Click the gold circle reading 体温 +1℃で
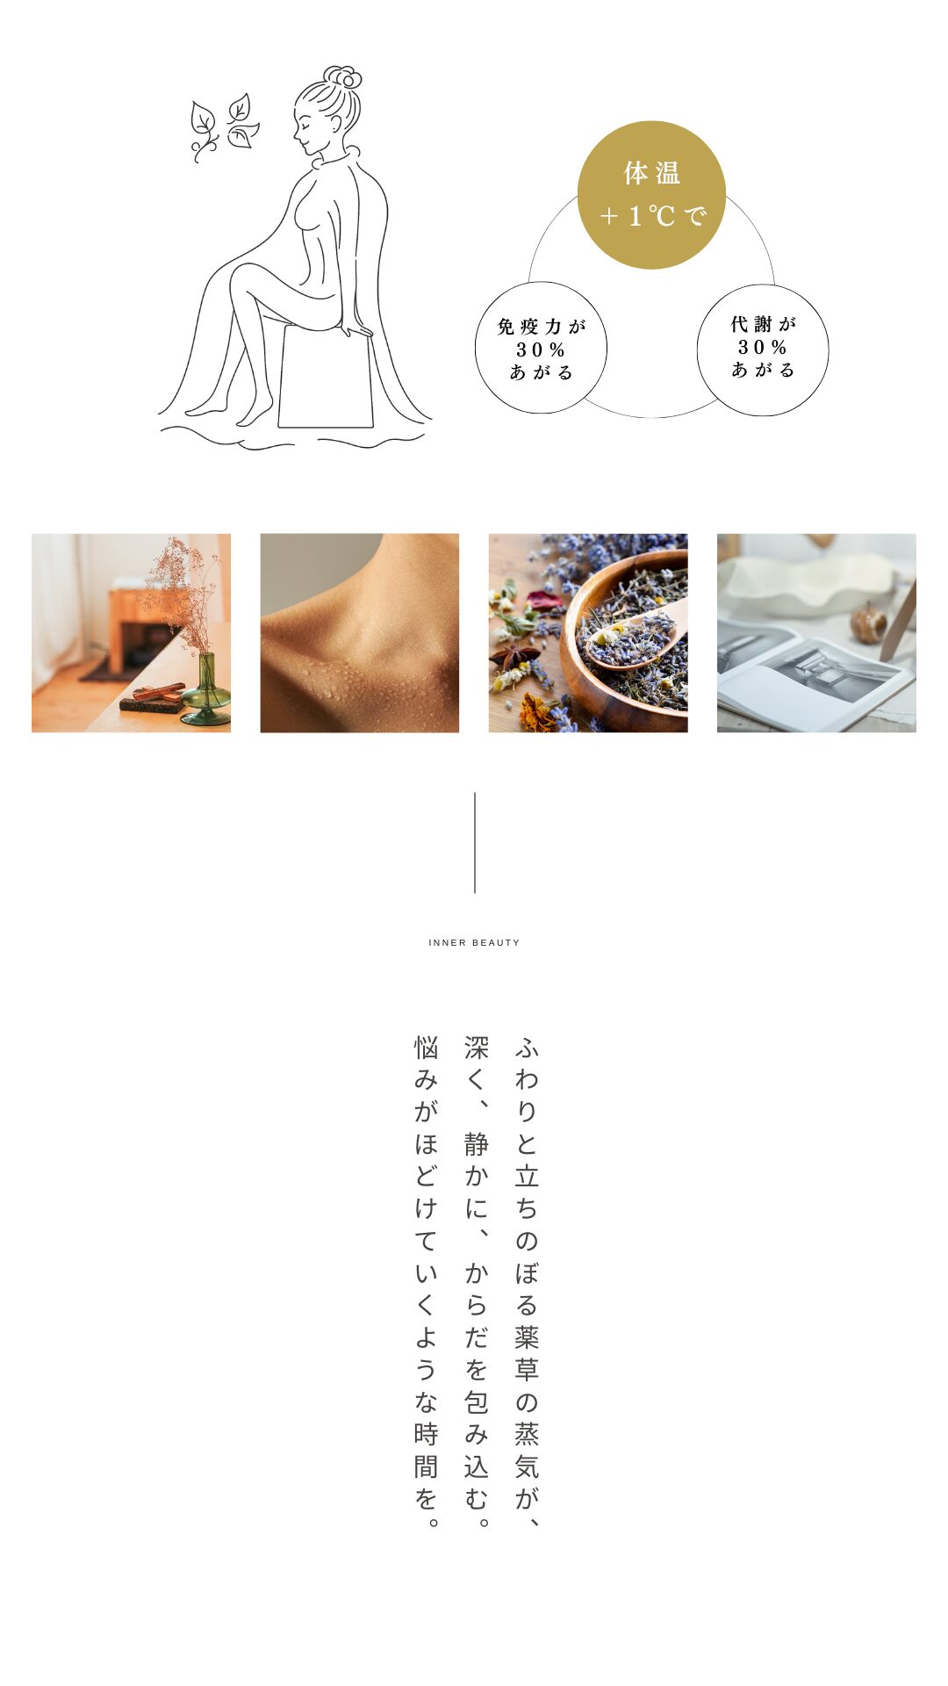click(651, 195)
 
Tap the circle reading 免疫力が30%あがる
click(541, 348)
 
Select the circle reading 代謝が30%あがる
click(763, 349)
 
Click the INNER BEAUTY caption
click(474, 942)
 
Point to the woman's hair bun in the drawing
click(343, 77)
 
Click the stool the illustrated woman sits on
click(326, 376)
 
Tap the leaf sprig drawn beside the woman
click(224, 127)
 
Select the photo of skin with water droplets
click(360, 633)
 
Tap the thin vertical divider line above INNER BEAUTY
click(475, 843)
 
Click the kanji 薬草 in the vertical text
click(527, 1353)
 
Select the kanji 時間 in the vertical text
click(426, 1450)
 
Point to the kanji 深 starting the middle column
click(477, 1048)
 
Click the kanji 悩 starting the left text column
click(426, 1048)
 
